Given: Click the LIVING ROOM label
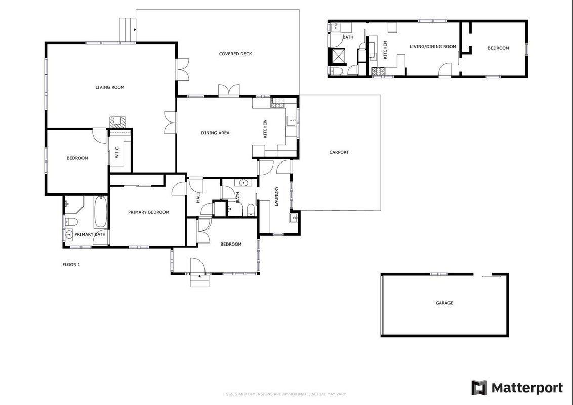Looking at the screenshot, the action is pyautogui.click(x=110, y=87).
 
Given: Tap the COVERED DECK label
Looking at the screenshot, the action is pyautogui.click(x=235, y=54).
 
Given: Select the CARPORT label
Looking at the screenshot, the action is pyautogui.click(x=339, y=152).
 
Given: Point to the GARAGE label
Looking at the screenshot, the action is pyautogui.click(x=444, y=303).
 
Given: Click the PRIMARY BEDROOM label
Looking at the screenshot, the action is pyautogui.click(x=148, y=212).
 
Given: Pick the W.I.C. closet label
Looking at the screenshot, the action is pyautogui.click(x=117, y=152).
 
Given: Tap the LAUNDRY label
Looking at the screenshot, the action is pyautogui.click(x=276, y=196).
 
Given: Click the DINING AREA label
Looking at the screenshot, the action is pyautogui.click(x=215, y=133).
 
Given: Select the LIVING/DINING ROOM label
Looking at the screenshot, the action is pyautogui.click(x=433, y=47).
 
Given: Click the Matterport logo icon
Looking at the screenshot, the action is pyautogui.click(x=479, y=388).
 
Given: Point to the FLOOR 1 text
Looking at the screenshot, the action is pyautogui.click(x=71, y=265).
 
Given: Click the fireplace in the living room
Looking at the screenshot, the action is pyautogui.click(x=117, y=121).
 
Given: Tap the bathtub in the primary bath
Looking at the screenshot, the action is pyautogui.click(x=101, y=212).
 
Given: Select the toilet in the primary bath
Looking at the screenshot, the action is pyautogui.click(x=71, y=222).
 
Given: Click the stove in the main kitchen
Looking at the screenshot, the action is pyautogui.click(x=278, y=103).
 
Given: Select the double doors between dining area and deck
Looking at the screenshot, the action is pyautogui.click(x=229, y=90).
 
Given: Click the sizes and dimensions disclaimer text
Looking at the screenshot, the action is pyautogui.click(x=286, y=394).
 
